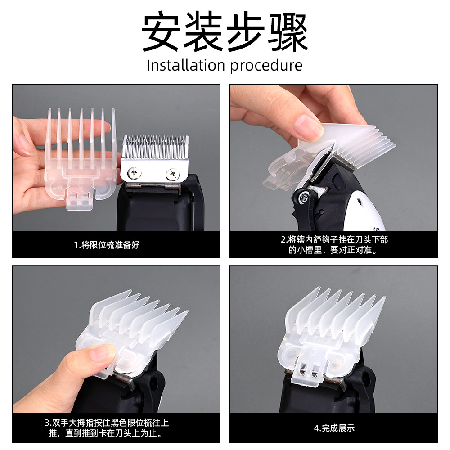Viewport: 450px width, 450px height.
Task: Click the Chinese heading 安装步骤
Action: tap(225, 31)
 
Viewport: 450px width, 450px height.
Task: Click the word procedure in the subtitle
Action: tap(266, 66)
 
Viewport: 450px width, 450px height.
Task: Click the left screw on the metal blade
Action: tap(134, 173)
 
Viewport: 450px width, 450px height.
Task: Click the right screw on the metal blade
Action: tap(172, 174)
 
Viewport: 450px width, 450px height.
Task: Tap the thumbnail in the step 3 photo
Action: tap(103, 353)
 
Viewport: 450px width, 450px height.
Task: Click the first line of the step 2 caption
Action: tap(334, 240)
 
